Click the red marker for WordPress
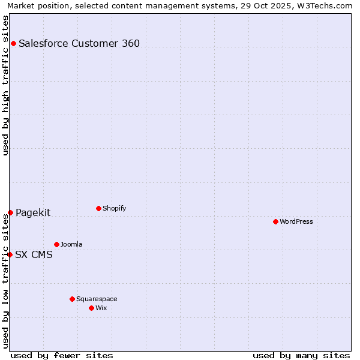275,221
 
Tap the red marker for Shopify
98,208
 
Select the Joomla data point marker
56,244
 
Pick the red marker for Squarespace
72,299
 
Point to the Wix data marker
91,308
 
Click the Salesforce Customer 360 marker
13,43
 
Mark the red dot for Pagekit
10,212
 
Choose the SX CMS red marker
10,254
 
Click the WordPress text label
296,221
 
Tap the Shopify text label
115,208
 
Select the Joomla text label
71,244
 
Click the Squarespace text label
97,299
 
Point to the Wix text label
101,308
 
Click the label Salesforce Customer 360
79,43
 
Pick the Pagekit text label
33,212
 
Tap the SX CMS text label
34,254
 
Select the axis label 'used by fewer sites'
62,355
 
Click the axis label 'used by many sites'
301,355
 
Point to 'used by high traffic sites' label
5,85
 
